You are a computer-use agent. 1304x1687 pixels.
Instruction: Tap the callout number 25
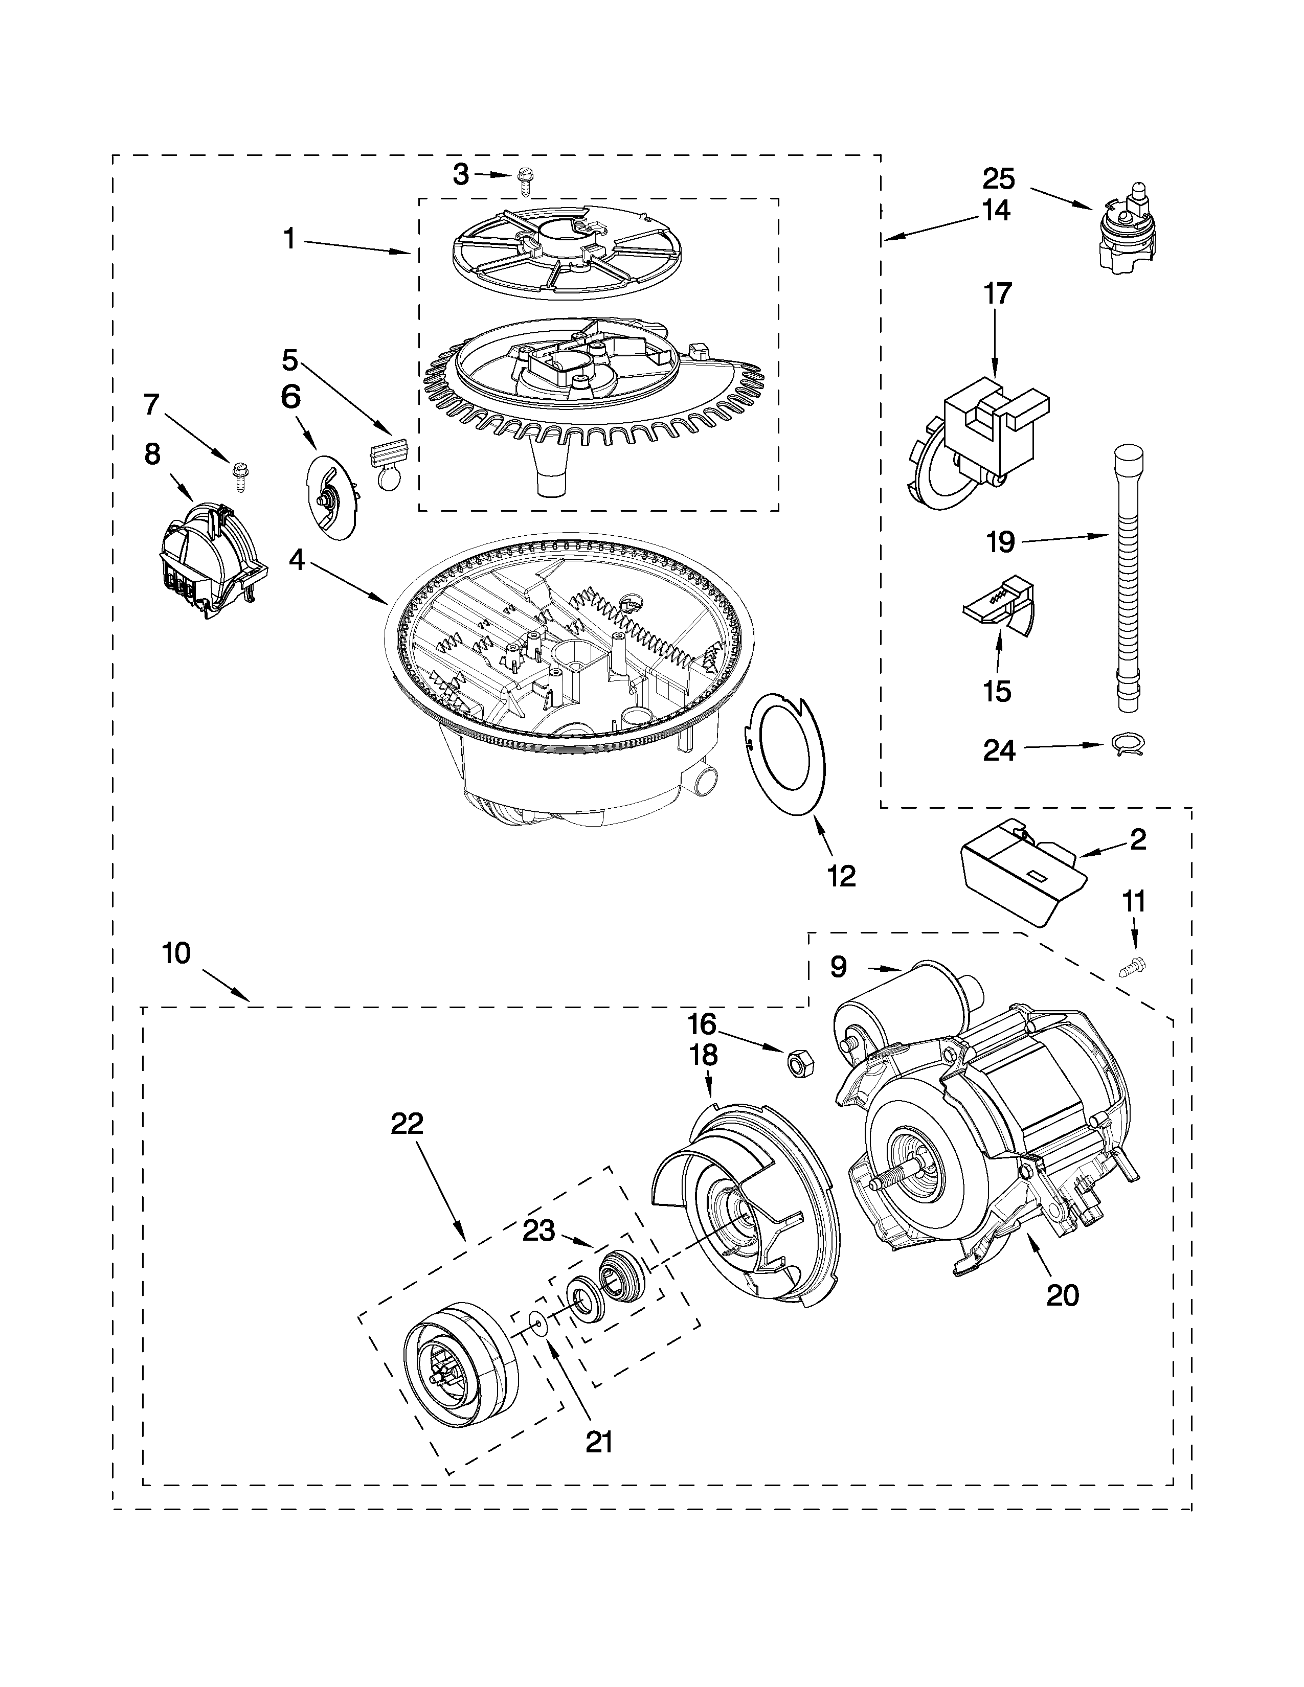[x=998, y=179]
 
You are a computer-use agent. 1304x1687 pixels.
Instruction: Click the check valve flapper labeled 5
[x=389, y=464]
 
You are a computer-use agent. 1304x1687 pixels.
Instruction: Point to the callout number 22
[x=407, y=1124]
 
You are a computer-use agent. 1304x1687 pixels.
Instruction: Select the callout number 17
[x=997, y=294]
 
